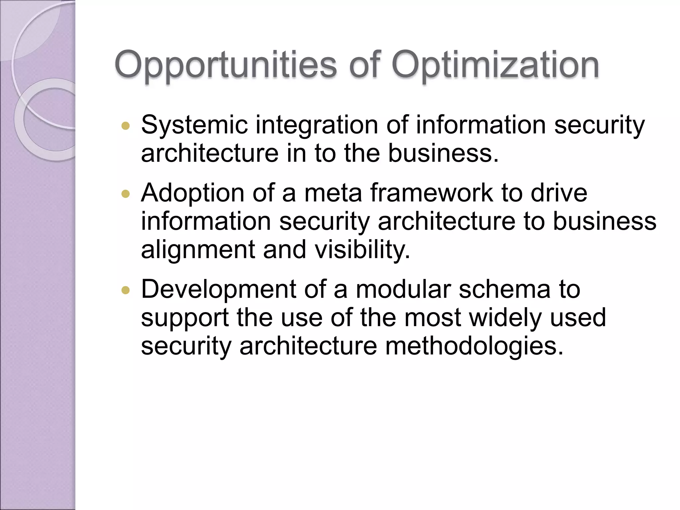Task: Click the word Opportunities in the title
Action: point(226,65)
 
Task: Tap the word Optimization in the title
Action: point(495,65)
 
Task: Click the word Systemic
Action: point(195,125)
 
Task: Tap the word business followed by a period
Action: point(443,153)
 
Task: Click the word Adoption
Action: point(193,193)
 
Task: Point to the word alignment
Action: point(198,250)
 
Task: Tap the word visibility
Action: point(362,250)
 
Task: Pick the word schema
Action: point(505,289)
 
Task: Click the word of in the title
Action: point(364,65)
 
